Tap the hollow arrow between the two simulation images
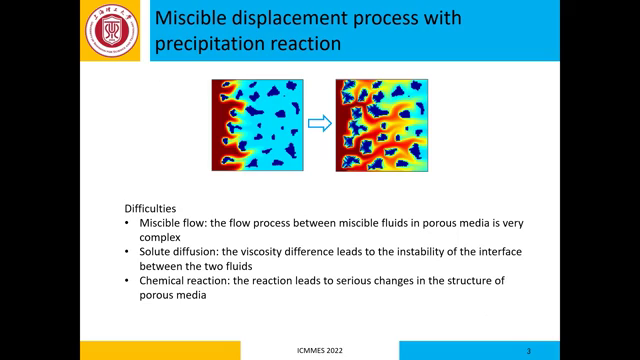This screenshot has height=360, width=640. (x=319, y=123)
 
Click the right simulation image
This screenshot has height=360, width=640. (x=381, y=124)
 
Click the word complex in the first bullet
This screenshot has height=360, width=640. (x=159, y=237)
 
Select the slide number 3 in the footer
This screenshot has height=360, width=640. (x=528, y=351)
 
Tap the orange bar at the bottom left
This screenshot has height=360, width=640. (x=160, y=350)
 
